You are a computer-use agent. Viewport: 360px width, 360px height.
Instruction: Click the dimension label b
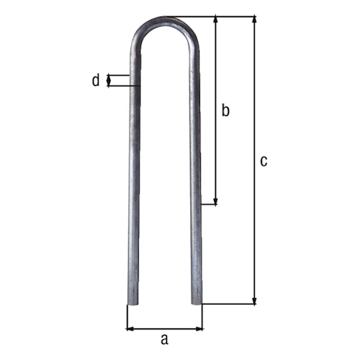pos(225,111)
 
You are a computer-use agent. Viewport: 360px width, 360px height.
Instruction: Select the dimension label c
pos(264,161)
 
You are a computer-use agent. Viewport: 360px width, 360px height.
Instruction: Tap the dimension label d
pos(95,80)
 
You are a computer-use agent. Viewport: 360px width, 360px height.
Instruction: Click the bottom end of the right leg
pos(197,302)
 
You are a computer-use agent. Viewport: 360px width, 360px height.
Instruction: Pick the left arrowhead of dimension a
pos(130,329)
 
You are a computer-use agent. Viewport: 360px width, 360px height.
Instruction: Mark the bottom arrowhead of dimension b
pos(215,202)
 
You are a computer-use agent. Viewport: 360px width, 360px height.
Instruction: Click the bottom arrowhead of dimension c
pos(253,300)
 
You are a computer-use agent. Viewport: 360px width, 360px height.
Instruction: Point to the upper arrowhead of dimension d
pos(109,76)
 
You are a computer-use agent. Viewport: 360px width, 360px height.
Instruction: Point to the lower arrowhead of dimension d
pos(109,84)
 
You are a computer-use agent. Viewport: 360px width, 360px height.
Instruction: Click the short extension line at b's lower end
pos(209,205)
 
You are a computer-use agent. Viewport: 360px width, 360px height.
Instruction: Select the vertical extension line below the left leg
pos(127,317)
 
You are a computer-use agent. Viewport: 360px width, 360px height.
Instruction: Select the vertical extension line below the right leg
pos(202,317)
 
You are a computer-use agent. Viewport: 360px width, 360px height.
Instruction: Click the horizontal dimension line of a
pos(164,329)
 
